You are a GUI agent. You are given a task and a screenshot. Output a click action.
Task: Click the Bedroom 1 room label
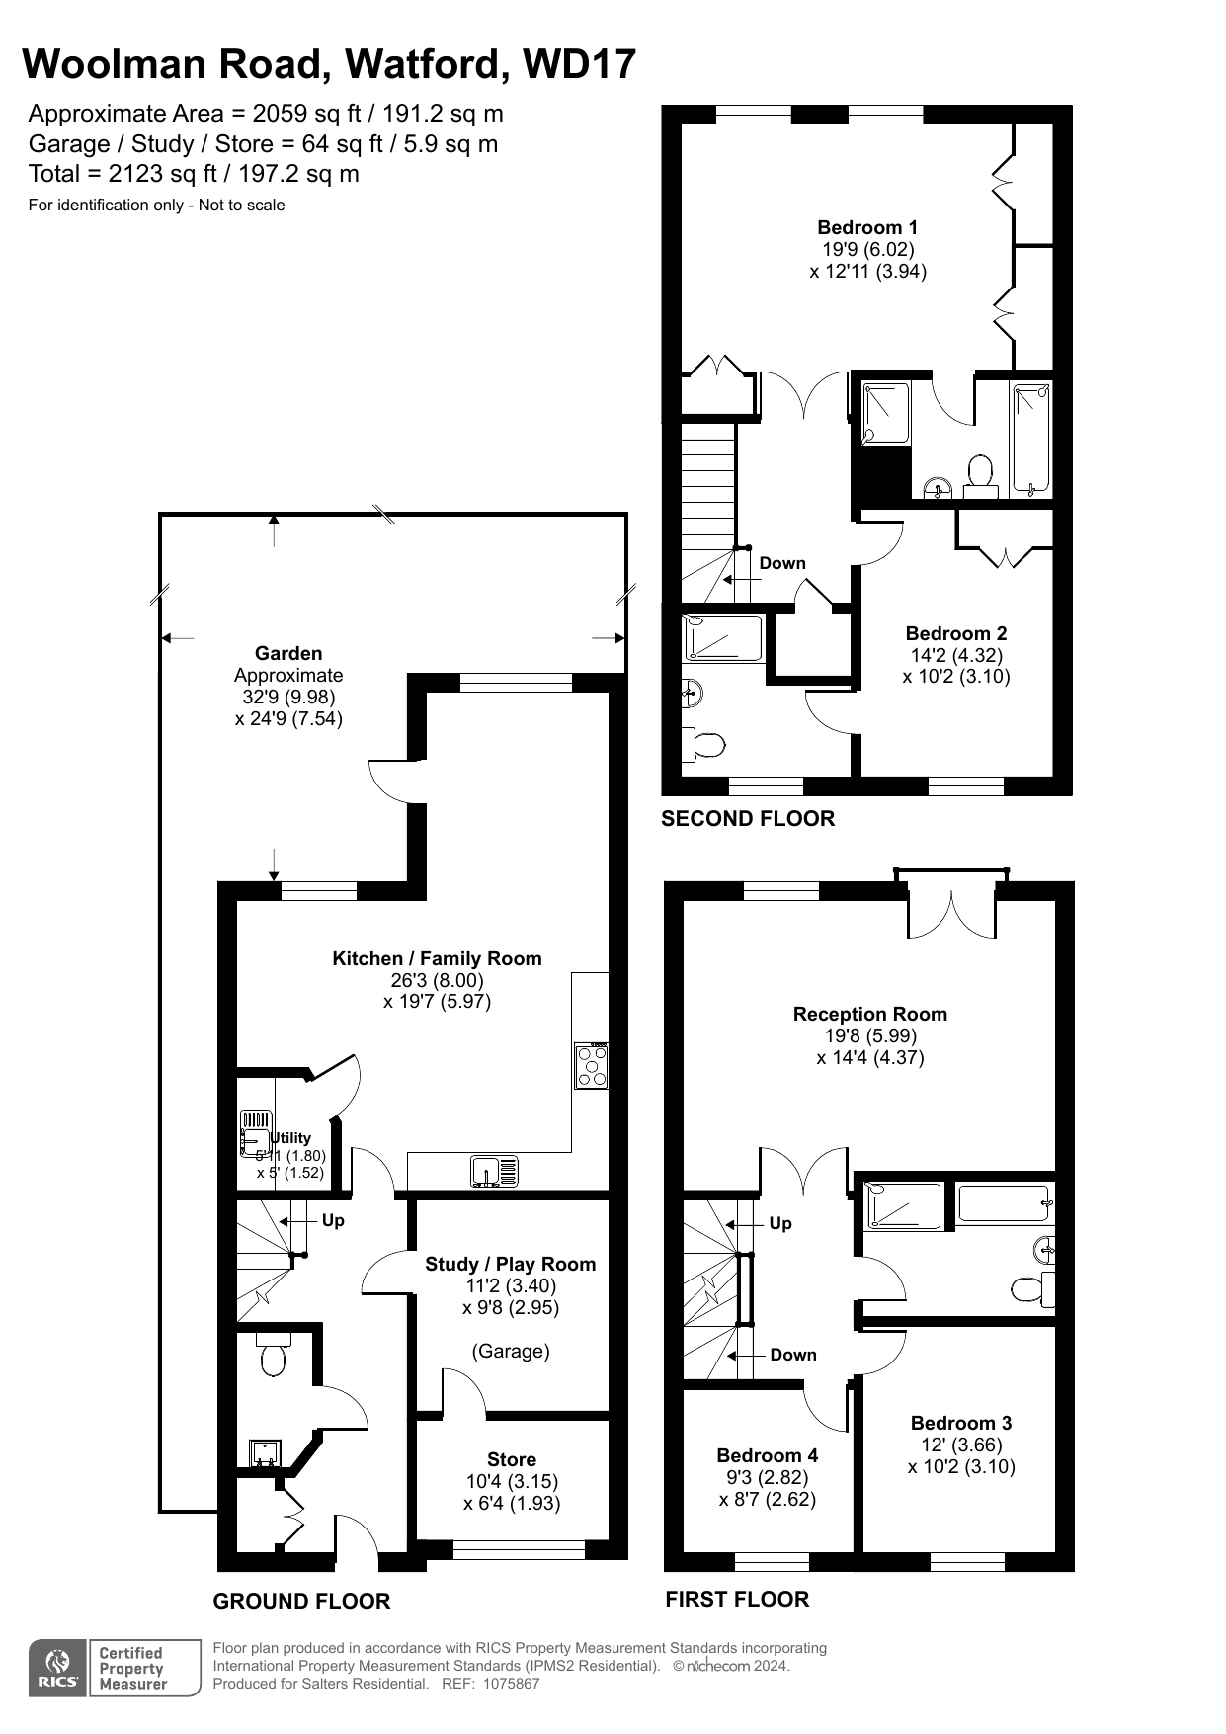point(867,227)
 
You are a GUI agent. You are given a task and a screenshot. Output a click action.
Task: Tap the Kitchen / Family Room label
point(437,958)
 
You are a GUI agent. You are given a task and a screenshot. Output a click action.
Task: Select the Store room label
point(512,1459)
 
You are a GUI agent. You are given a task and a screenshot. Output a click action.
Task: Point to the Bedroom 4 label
point(768,1455)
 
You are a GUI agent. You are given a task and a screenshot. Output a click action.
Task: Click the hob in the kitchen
point(592,1066)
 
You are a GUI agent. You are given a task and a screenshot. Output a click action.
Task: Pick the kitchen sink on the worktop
point(494,1171)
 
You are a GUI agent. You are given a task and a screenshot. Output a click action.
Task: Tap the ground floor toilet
point(273,1354)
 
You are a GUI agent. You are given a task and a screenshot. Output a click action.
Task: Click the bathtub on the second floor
point(1031,440)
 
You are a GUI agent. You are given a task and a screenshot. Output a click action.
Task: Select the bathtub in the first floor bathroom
point(1004,1203)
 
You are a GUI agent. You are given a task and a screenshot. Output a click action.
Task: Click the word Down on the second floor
point(782,563)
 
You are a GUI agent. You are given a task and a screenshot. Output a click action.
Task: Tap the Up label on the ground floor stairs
point(333,1220)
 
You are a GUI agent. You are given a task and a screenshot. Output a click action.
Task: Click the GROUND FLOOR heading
point(301,1601)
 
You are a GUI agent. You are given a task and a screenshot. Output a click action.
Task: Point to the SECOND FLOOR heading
point(748,818)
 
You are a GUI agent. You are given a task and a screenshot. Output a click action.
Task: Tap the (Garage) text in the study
point(511,1351)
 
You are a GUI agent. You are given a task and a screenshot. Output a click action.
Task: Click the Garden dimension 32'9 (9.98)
point(288,697)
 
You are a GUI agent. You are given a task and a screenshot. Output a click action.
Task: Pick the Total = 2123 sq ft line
point(194,174)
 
